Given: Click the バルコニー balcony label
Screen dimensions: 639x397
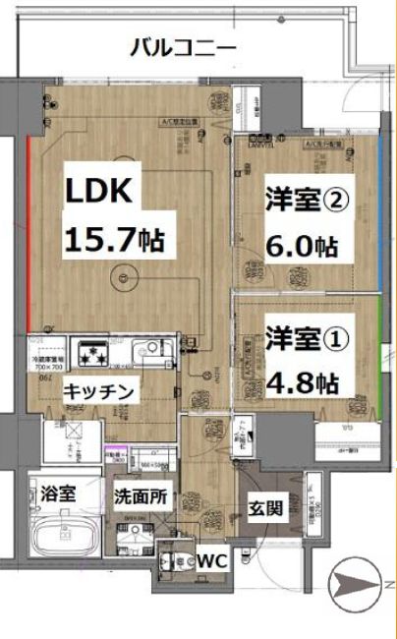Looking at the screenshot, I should pyautogui.click(x=184, y=46).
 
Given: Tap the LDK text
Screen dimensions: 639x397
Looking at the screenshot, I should pyautogui.click(x=98, y=191).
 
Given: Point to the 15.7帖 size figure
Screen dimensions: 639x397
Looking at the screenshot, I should pyautogui.click(x=114, y=238).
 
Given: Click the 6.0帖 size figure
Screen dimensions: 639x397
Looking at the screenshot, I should pyautogui.click(x=306, y=246).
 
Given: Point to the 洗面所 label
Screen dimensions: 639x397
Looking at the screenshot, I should pyautogui.click(x=138, y=496).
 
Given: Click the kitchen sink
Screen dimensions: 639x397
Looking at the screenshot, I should pyautogui.click(x=153, y=349).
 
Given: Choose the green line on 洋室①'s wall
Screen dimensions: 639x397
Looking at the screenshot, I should pyautogui.click(x=379, y=345).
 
